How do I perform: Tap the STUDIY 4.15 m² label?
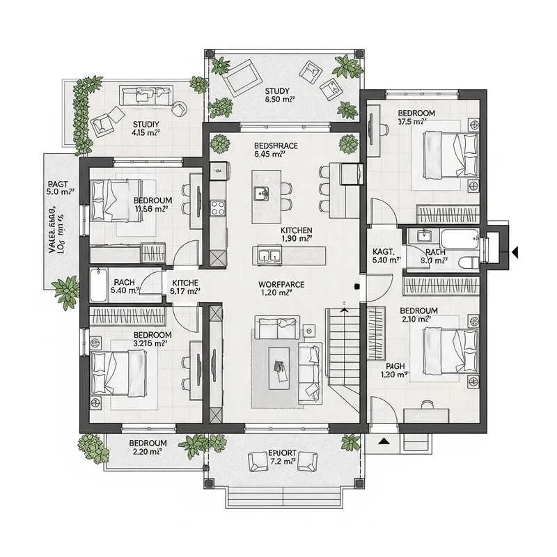[x=146, y=127]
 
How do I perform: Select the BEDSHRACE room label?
[x=276, y=150]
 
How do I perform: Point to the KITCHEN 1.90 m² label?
[x=297, y=234]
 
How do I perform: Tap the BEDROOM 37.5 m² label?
[x=416, y=117]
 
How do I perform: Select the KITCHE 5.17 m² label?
[x=185, y=287]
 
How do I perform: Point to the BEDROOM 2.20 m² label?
[x=147, y=447]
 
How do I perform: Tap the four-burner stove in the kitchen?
[x=218, y=207]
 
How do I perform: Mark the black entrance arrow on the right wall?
[x=516, y=251]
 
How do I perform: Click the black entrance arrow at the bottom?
[x=383, y=440]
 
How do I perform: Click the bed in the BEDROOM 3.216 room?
[x=119, y=368]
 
